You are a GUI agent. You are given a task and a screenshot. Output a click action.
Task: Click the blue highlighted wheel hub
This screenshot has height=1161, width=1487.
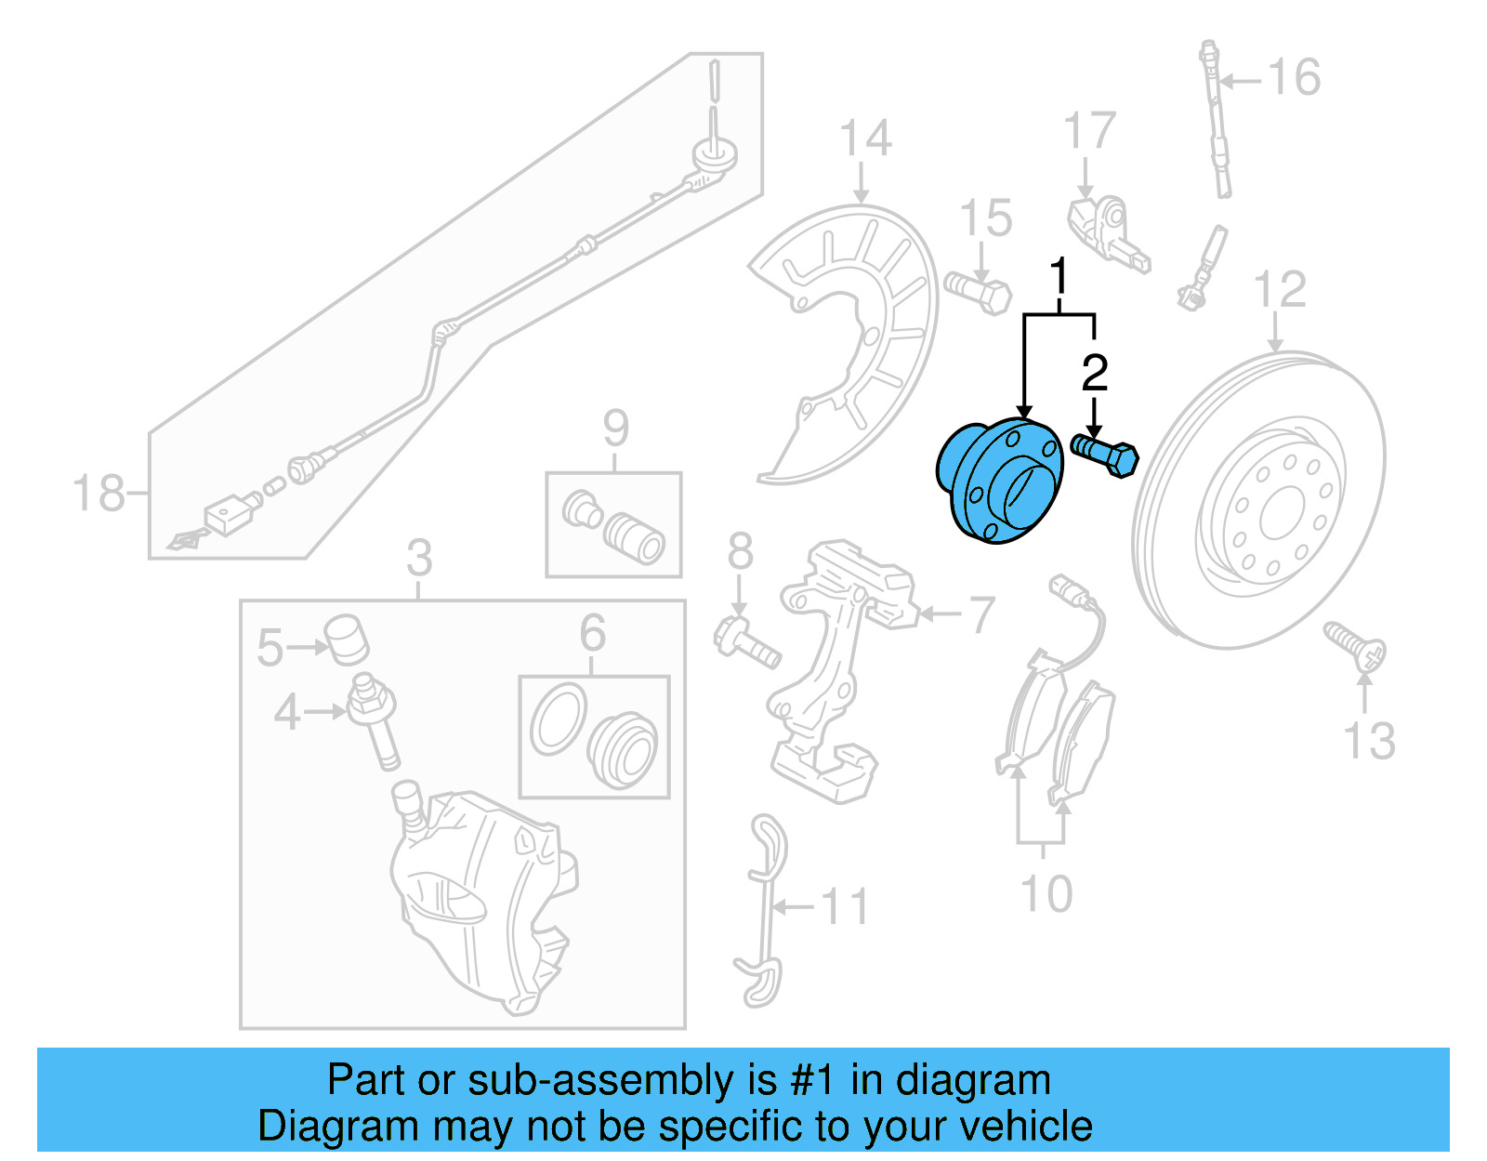click(x=999, y=481)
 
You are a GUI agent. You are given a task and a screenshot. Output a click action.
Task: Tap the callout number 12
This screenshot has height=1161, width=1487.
click(x=1279, y=290)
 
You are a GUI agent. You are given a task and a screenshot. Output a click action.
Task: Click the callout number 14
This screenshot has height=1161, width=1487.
click(x=864, y=139)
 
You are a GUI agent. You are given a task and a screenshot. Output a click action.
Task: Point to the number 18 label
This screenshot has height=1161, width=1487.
click(x=99, y=493)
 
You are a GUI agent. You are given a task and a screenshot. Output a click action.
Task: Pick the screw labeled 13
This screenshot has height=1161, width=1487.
click(x=1357, y=647)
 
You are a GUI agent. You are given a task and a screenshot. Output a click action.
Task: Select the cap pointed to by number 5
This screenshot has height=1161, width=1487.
click(x=347, y=639)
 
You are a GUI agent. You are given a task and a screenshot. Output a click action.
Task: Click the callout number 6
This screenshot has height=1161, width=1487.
click(x=592, y=634)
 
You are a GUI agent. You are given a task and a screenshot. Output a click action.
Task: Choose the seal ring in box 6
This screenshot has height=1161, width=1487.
click(x=558, y=719)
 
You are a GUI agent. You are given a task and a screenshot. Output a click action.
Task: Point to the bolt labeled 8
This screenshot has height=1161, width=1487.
click(x=748, y=642)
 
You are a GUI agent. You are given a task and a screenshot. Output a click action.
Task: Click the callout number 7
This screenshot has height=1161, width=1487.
click(x=981, y=614)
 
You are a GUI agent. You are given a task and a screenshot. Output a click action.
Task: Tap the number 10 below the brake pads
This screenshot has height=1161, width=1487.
click(x=1046, y=894)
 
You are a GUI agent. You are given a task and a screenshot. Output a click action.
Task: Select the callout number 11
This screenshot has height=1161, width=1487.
click(x=845, y=906)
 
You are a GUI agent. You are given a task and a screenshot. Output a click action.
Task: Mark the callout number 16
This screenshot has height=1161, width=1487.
click(x=1294, y=77)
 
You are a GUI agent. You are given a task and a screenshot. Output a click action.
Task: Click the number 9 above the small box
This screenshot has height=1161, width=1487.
click(x=615, y=429)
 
